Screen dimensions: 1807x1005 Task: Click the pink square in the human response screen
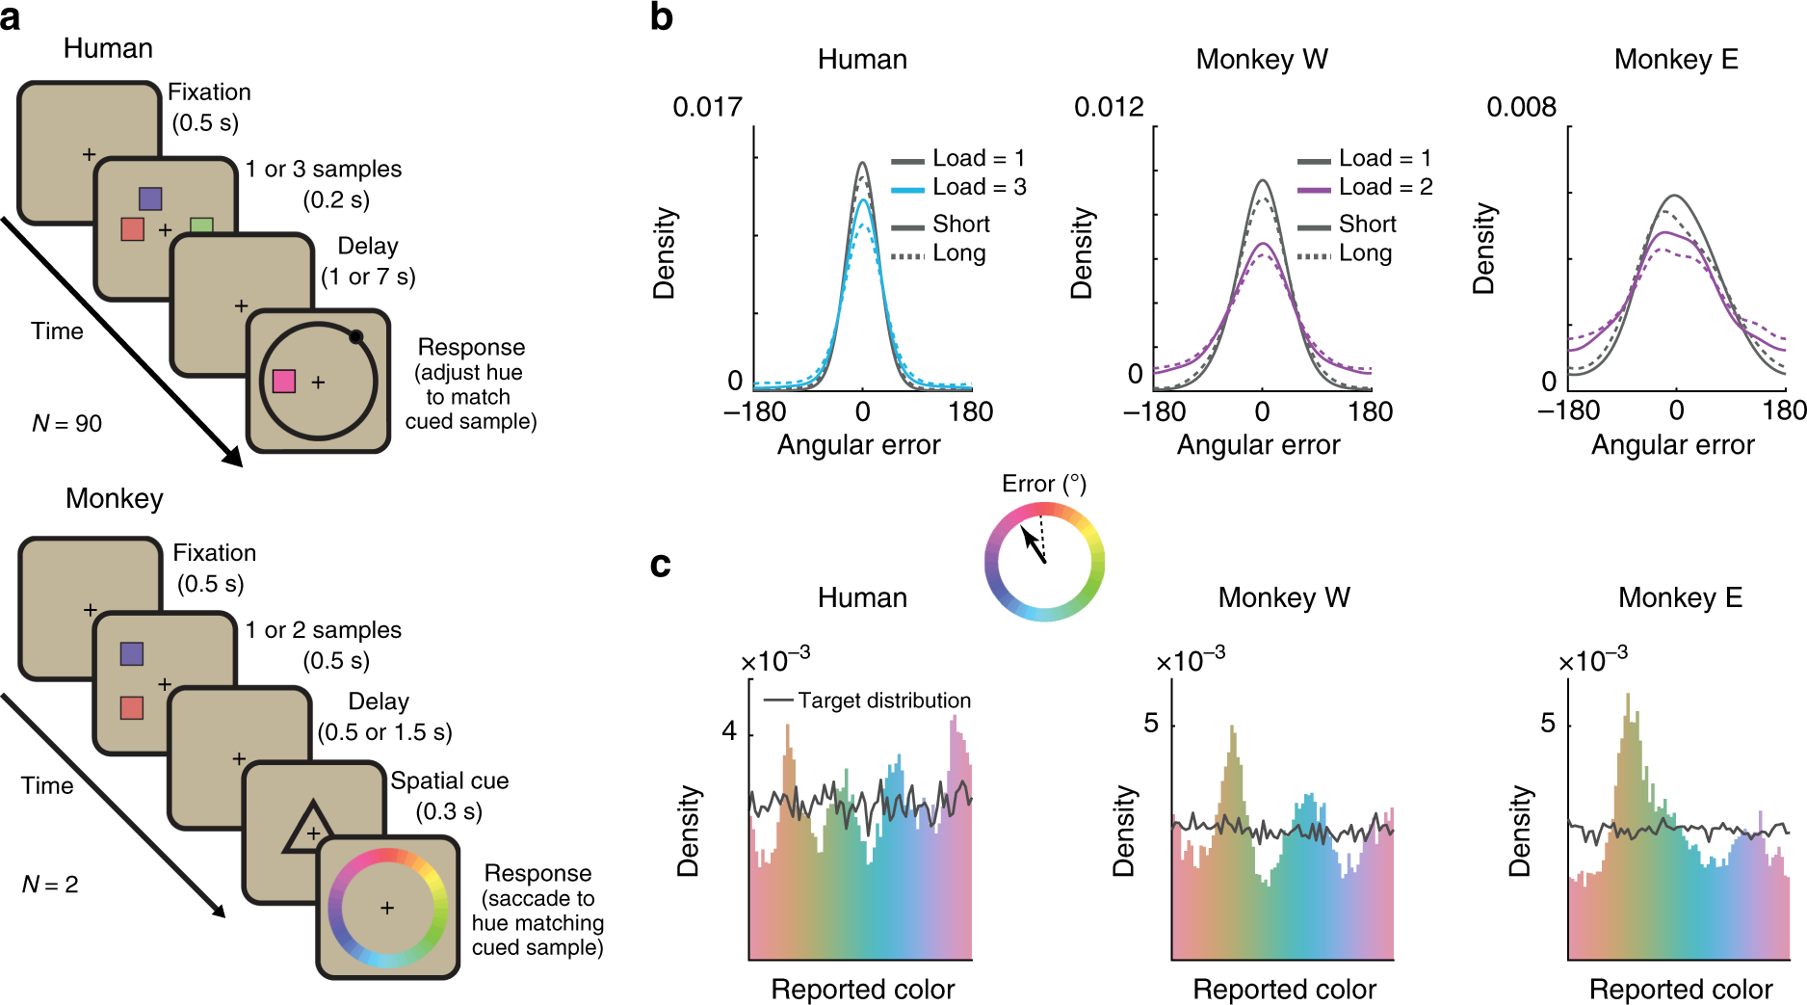pos(284,382)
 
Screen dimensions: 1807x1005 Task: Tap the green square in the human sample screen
pos(201,225)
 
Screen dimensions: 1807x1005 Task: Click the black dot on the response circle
pos(355,336)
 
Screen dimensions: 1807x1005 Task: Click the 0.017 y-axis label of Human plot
pos(708,107)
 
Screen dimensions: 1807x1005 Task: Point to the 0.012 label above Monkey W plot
pos(1109,107)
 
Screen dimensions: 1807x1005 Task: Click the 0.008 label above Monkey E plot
pos(1522,107)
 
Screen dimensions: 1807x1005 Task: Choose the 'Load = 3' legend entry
pos(959,187)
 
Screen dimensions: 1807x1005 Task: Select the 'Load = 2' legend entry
pos(1365,187)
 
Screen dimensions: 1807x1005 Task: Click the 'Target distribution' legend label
pos(884,701)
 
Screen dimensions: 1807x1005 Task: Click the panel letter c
pos(660,564)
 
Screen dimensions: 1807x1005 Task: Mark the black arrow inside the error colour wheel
pos(1034,544)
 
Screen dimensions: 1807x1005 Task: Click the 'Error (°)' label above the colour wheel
pos(1044,484)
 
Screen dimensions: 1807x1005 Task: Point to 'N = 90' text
pos(66,423)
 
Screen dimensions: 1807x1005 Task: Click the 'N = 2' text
pos(50,884)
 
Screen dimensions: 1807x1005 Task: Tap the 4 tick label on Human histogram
pos(729,731)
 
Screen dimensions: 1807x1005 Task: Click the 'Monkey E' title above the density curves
pos(1676,60)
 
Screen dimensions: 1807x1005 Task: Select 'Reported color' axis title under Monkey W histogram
pos(1284,990)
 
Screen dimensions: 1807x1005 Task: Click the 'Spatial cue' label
pos(449,780)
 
